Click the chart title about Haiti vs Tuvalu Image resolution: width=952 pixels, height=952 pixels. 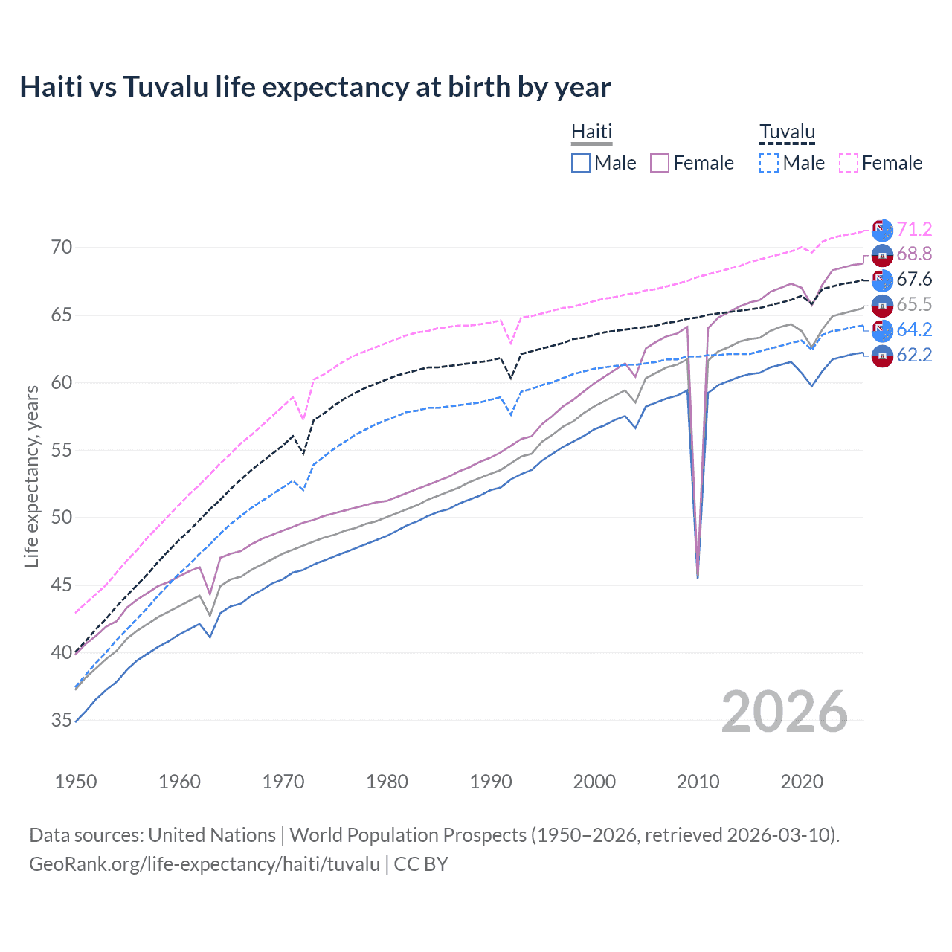315,87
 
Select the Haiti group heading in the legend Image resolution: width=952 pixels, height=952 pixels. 591,132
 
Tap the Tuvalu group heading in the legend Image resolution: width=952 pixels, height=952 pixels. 787,132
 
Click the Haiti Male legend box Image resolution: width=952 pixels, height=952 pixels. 581,163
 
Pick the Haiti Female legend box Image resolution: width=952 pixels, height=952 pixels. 660,163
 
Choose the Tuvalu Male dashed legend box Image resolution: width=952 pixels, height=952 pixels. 769,163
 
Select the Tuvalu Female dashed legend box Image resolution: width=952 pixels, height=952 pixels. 849,163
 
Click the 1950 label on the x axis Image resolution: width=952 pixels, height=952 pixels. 76,782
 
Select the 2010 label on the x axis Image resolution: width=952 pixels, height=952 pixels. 698,782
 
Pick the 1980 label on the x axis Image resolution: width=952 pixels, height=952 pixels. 387,782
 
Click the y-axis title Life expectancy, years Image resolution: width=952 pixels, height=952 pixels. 31,476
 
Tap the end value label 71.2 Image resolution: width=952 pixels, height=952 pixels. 914,229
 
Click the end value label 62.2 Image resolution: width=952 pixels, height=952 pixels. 914,356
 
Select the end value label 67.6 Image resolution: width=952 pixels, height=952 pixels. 914,280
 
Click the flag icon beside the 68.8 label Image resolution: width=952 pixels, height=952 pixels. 882,255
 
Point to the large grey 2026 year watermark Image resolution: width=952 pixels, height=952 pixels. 785,712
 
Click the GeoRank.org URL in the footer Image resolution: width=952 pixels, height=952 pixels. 205,864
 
